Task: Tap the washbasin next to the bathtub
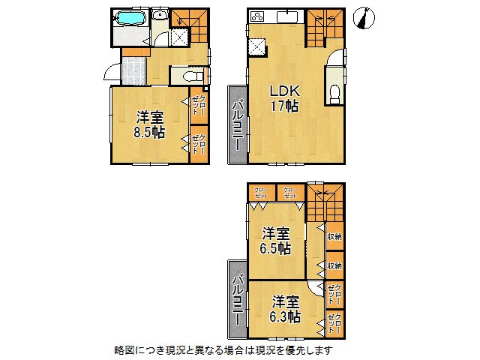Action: pyautogui.click(x=160, y=16)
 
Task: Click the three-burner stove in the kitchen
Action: pyautogui.click(x=258, y=16)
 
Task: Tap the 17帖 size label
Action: pyautogui.click(x=285, y=107)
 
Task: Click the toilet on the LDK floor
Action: pyautogui.click(x=334, y=92)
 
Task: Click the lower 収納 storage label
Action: pyautogui.click(x=334, y=265)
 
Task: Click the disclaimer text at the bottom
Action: pyautogui.click(x=223, y=350)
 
